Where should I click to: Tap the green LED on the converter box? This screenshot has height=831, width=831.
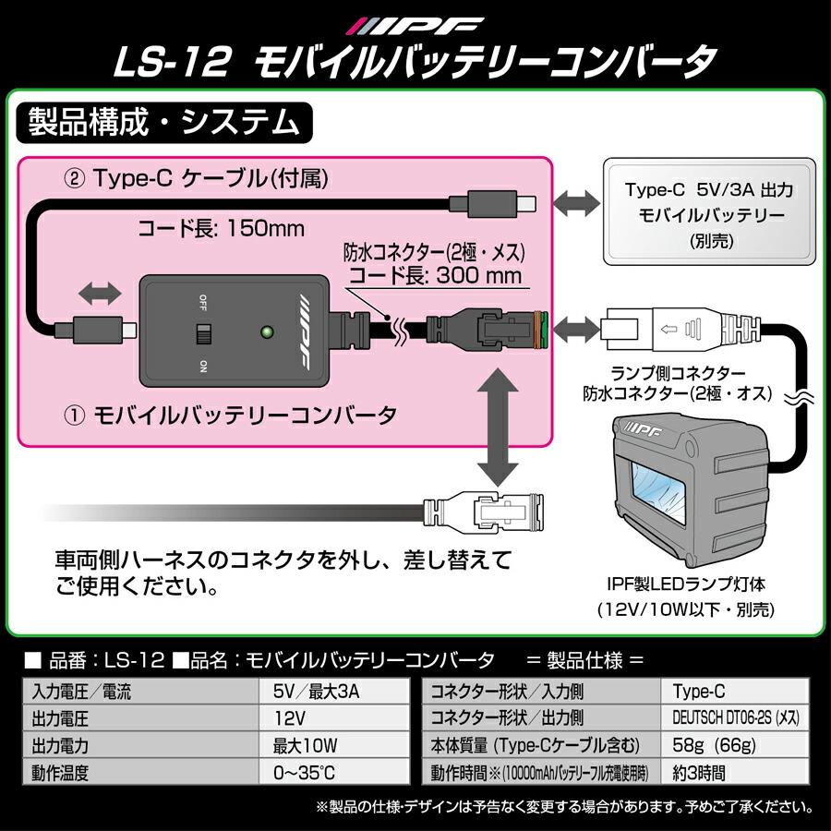pos(267,330)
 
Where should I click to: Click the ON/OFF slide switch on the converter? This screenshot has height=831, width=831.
pos(202,334)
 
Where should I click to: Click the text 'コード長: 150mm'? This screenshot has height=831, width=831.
pos(221,227)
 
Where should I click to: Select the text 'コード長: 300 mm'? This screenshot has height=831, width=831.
pos(432,274)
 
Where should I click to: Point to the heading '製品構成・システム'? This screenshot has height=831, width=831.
pos(165,121)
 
